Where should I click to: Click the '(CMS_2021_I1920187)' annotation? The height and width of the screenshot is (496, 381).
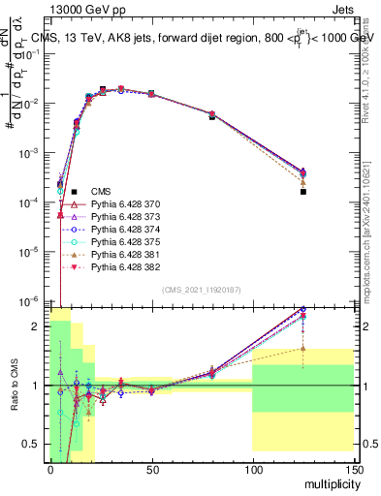click(x=201, y=290)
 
